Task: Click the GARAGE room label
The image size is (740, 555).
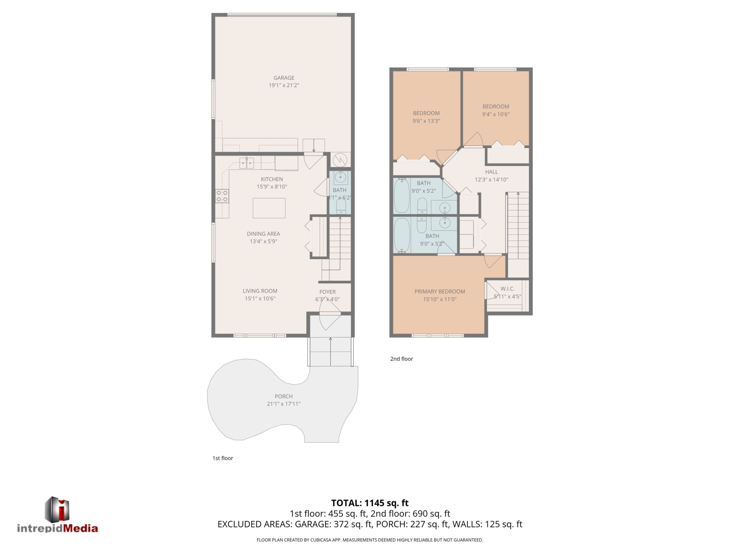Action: coord(284,78)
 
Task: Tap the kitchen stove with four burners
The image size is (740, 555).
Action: coord(222,196)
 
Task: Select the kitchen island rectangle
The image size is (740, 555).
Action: coord(269,208)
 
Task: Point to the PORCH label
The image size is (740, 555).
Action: coord(284,396)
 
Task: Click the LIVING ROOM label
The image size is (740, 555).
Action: coord(260,291)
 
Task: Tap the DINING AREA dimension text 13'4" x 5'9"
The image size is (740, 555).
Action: coord(263,241)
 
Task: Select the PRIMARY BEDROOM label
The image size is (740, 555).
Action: coord(440,291)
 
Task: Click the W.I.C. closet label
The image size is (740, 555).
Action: coord(508,289)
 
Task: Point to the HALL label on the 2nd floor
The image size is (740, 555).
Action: coord(492,172)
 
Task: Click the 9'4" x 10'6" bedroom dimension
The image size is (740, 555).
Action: coord(496,114)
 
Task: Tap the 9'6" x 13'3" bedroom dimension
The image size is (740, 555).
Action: coord(426,121)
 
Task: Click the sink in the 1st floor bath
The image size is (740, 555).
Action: coord(341,178)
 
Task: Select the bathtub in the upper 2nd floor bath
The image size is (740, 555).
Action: coord(402,196)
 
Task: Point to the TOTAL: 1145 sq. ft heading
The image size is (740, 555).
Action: coord(370,503)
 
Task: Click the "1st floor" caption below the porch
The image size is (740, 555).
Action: coord(223,458)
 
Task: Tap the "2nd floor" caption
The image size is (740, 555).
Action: coord(401,359)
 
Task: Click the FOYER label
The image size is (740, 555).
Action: coord(327,292)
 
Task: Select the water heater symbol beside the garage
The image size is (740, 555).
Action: coord(340,160)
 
